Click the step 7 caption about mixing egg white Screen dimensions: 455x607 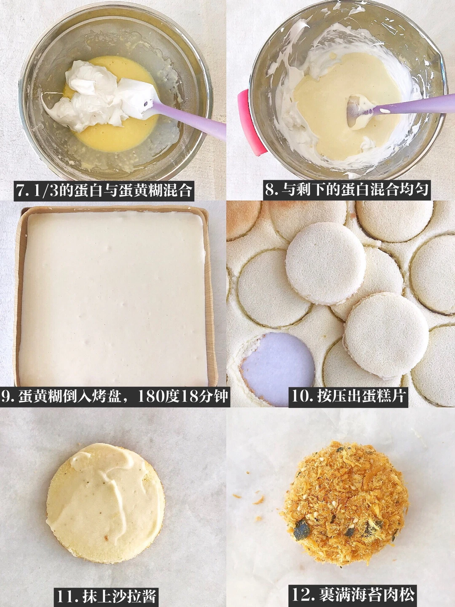pyautogui.click(x=104, y=191)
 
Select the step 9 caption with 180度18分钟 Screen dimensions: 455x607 pyautogui.click(x=115, y=396)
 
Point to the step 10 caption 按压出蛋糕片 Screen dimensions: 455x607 pyautogui.click(x=348, y=396)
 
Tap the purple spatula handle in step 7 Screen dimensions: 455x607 pyautogui.click(x=188, y=119)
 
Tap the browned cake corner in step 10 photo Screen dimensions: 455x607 pyautogui.click(x=242, y=218)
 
